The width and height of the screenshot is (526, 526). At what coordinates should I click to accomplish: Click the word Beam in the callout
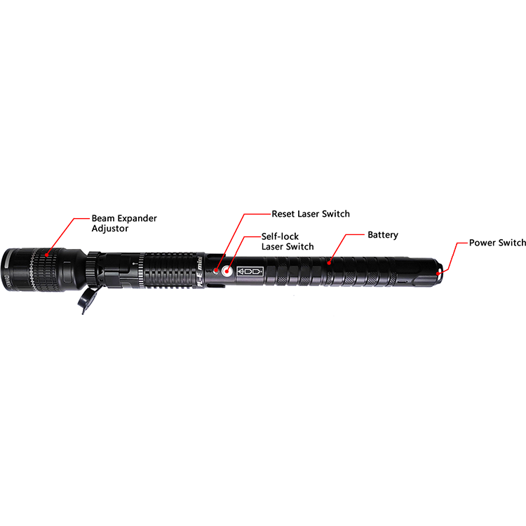click(x=104, y=218)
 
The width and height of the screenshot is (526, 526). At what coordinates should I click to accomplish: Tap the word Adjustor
click(x=113, y=229)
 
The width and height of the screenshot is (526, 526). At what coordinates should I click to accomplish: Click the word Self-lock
click(x=280, y=236)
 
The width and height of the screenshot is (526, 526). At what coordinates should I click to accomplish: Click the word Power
click(x=484, y=243)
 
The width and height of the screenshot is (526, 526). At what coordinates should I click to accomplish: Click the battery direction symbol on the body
click(x=249, y=271)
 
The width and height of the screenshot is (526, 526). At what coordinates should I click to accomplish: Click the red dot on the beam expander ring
click(x=47, y=255)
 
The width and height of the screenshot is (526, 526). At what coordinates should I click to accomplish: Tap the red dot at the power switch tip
click(x=439, y=270)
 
